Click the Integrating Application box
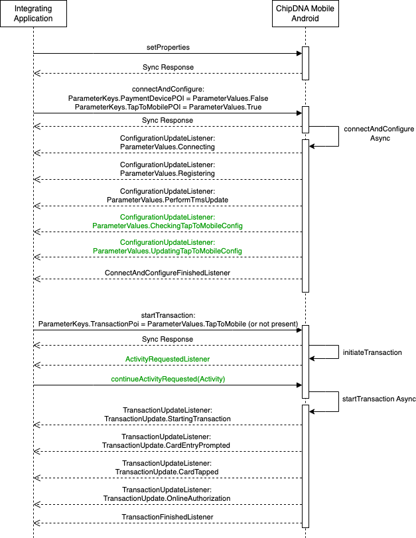pyautogui.click(x=33, y=14)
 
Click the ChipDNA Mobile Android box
pyautogui.click(x=305, y=14)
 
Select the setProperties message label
pyautogui.click(x=168, y=47)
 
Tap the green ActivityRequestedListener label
pyautogui.click(x=167, y=359)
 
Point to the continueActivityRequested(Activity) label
pyautogui.click(x=168, y=379)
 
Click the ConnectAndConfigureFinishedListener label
pyautogui.click(x=167, y=273)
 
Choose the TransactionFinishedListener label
pyautogui.click(x=167, y=517)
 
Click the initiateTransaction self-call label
pyautogui.click(x=372, y=352)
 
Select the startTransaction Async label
pyautogui.click(x=379, y=399)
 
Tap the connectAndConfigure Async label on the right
pyautogui.click(x=379, y=133)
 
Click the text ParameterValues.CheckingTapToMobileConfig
pyautogui.click(x=167, y=226)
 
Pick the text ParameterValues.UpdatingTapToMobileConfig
pyautogui.click(x=167, y=251)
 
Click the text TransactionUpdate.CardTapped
pyautogui.click(x=167, y=472)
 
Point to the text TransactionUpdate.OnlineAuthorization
pyautogui.click(x=167, y=498)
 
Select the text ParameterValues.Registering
pyautogui.click(x=167, y=173)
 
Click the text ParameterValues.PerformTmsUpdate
pyautogui.click(x=167, y=200)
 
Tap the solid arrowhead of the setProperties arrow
pyautogui.click(x=299, y=54)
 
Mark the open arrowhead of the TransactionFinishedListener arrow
pyautogui.click(x=36, y=523)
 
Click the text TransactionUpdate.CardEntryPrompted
pyautogui.click(x=166, y=445)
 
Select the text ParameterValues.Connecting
pyautogui.click(x=167, y=147)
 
